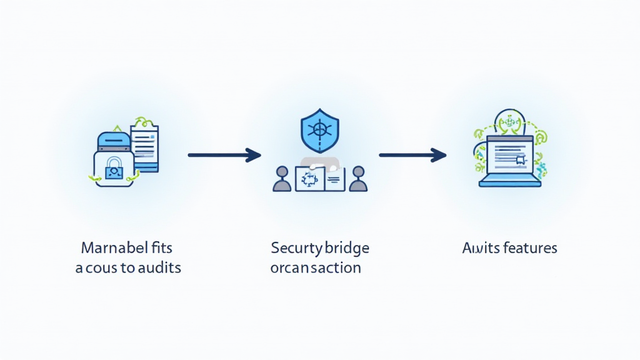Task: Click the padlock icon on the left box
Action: [113, 167]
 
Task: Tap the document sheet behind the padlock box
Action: [144, 147]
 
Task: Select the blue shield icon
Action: [319, 130]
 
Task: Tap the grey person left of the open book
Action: [282, 179]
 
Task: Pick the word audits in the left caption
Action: [159, 268]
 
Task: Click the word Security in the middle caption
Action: [295, 248]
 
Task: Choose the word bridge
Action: [347, 248]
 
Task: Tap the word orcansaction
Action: [316, 268]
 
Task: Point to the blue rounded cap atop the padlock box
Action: [112, 141]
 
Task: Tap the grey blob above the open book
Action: [320, 164]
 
